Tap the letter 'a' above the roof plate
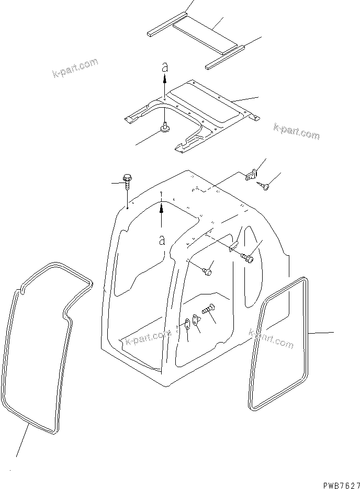[164, 67]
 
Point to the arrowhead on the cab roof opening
[162, 208]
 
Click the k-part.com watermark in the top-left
[75, 68]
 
